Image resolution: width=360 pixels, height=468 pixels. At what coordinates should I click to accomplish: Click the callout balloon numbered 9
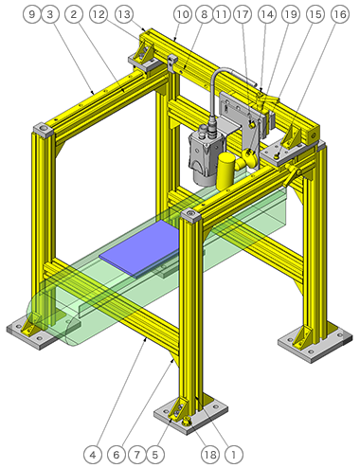[x=32, y=14]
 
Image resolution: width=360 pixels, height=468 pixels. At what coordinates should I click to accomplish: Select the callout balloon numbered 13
[x=124, y=14]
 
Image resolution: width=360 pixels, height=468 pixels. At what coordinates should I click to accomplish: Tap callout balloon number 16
[x=340, y=14]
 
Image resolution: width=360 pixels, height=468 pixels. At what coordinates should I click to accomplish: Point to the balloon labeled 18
[x=210, y=455]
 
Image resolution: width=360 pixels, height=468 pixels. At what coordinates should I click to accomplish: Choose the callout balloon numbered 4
[x=93, y=455]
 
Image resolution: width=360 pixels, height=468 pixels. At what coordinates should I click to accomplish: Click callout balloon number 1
[x=234, y=455]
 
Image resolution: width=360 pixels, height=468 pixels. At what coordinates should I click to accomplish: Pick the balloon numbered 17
[x=243, y=14]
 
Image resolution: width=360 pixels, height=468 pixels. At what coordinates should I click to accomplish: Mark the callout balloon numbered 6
[x=117, y=455]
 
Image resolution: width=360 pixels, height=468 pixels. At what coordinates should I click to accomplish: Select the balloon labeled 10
[x=183, y=14]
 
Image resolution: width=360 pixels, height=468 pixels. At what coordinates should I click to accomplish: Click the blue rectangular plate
[x=139, y=248]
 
